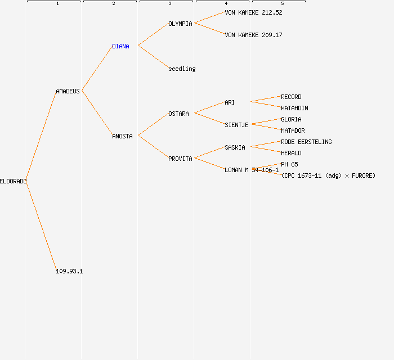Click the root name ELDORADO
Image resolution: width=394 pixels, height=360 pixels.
13,181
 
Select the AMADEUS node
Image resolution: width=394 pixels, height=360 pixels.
68,91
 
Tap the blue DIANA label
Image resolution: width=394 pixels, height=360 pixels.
120,46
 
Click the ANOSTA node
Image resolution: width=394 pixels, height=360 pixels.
122,136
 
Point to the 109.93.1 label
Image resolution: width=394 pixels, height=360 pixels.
69,271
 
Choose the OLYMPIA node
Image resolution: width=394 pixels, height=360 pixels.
180,24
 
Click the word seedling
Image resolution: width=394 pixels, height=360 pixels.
182,69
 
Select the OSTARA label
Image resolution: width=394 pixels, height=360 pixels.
178,114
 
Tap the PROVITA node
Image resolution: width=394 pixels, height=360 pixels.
180,159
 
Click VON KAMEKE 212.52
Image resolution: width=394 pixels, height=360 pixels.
253,12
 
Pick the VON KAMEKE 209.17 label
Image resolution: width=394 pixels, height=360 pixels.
253,35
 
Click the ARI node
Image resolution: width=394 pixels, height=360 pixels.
230,102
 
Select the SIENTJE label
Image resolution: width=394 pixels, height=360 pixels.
236,125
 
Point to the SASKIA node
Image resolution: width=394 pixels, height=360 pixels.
235,147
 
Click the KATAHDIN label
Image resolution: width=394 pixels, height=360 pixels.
294,108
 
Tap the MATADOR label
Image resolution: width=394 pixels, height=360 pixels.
293,130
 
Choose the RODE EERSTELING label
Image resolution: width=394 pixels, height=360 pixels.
306,142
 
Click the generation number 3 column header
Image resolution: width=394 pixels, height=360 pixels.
169,4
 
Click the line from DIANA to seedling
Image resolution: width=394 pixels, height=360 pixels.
153,57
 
